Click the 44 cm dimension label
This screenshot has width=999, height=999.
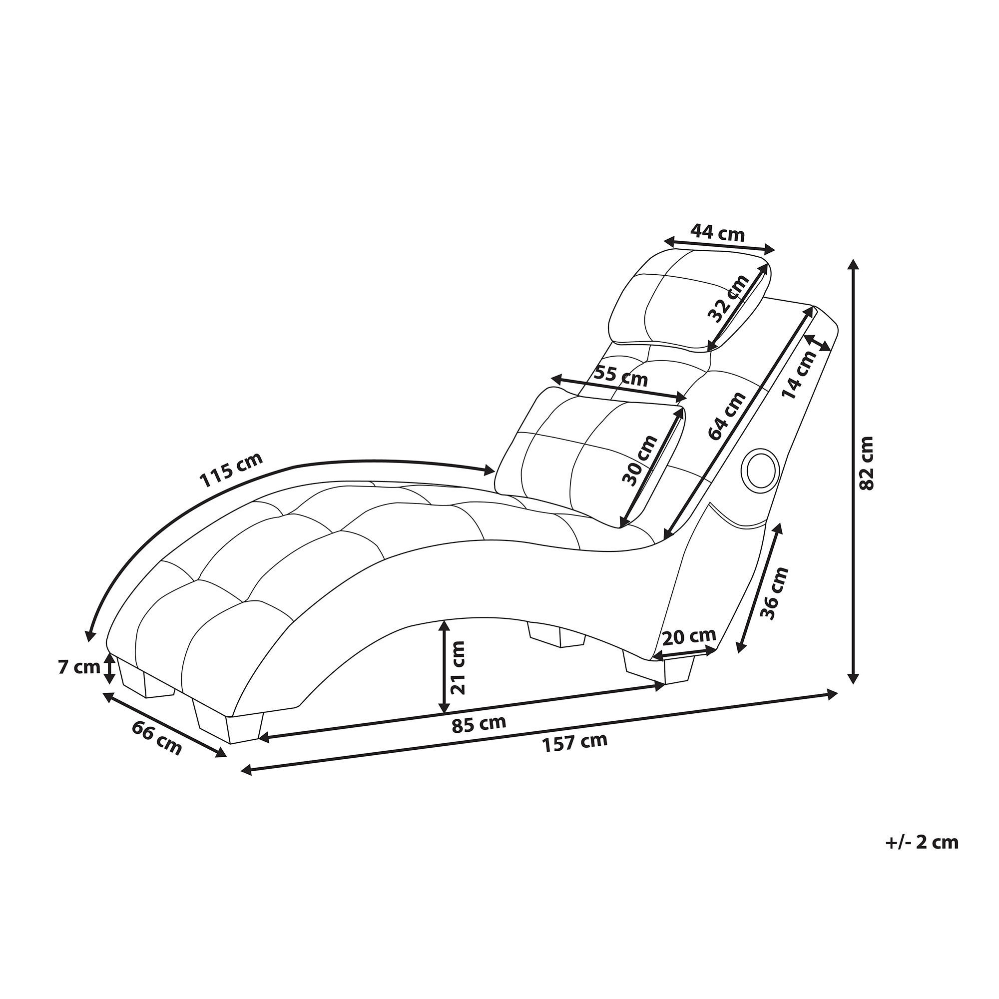718,234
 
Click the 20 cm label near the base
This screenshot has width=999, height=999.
689,636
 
